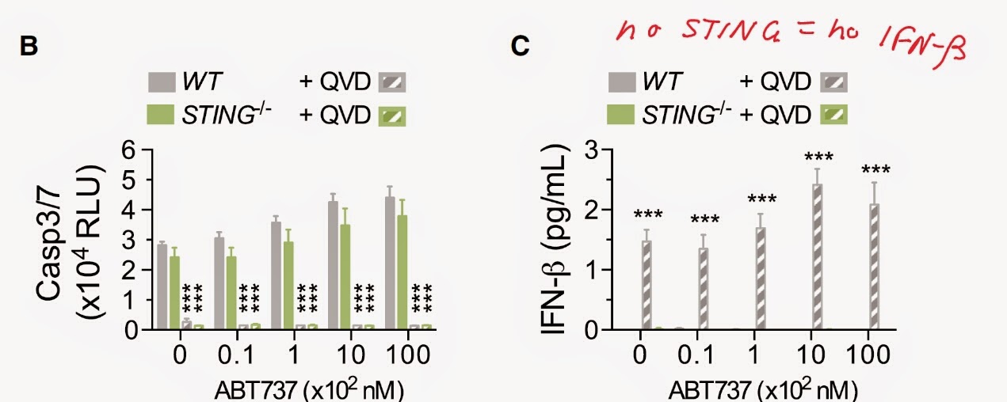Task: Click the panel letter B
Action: [29, 46]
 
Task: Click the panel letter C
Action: [520, 46]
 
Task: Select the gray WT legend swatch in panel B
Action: [162, 82]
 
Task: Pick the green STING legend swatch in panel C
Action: [621, 114]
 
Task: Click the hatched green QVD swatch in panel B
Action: [392, 116]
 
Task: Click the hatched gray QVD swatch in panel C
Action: [834, 82]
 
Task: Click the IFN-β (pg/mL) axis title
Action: [555, 240]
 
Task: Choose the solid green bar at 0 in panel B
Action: [174, 294]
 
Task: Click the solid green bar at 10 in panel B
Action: [345, 277]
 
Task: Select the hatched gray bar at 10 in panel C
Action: [818, 257]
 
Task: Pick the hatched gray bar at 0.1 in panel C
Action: [703, 289]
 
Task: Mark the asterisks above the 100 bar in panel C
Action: [875, 170]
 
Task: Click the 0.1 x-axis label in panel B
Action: [236, 355]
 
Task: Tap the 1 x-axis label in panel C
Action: [755, 355]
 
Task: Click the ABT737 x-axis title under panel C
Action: [763, 390]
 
